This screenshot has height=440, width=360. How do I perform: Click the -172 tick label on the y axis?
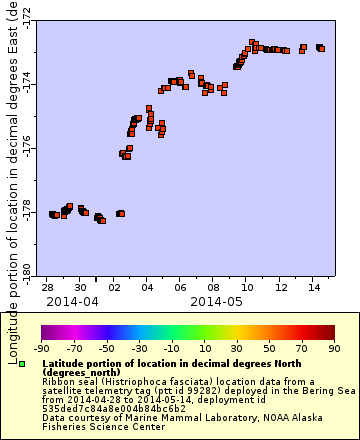tap(26, 17)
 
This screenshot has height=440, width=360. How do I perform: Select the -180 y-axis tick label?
tap(26, 268)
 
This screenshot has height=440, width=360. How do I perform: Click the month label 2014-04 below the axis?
tap(72, 300)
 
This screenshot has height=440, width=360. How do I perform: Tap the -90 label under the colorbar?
tap(42, 349)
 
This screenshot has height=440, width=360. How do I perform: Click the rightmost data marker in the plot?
tap(321, 47)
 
